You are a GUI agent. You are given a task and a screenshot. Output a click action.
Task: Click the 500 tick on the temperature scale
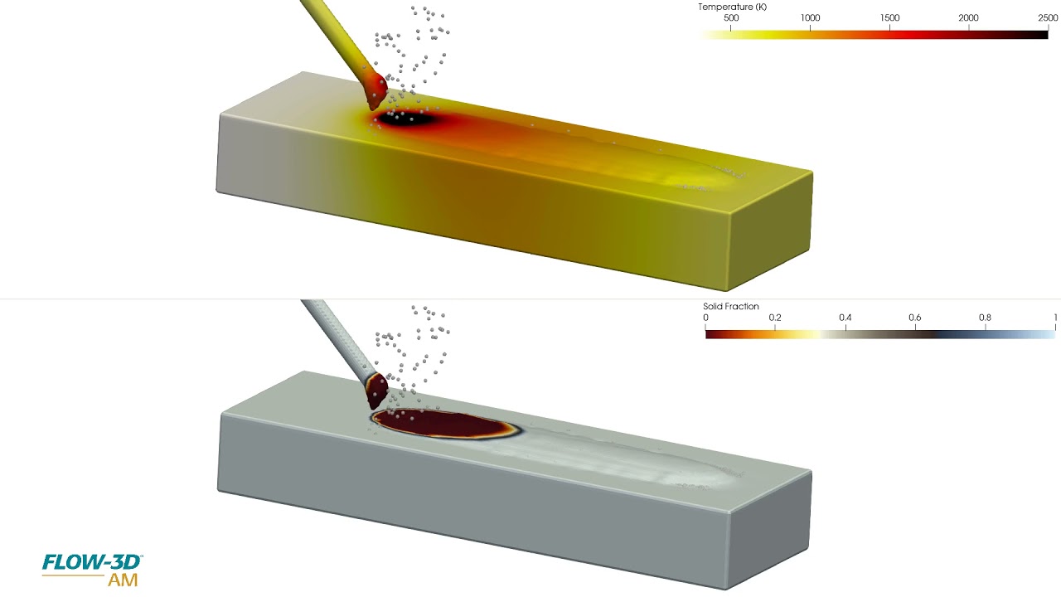[731, 18]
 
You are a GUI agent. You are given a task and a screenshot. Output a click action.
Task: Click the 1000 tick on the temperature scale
[811, 18]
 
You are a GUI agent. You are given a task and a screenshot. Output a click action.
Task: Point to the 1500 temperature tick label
[889, 18]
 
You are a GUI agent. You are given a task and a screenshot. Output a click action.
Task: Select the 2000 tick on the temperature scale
[969, 18]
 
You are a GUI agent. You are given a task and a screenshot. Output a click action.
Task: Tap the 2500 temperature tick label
[1048, 18]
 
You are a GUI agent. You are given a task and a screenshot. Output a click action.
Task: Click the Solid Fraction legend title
[730, 307]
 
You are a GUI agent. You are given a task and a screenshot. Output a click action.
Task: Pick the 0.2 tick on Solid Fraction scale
[774, 318]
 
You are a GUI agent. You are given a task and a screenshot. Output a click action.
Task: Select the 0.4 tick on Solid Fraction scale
[845, 318]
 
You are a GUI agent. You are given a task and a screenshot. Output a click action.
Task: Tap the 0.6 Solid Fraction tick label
[915, 318]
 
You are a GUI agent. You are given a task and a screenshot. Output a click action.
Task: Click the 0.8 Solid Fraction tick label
[985, 318]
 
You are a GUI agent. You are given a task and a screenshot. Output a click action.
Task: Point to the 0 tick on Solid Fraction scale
[705, 318]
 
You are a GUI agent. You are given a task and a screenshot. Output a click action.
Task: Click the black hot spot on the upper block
[410, 119]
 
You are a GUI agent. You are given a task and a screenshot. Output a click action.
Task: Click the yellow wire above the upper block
[332, 33]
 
